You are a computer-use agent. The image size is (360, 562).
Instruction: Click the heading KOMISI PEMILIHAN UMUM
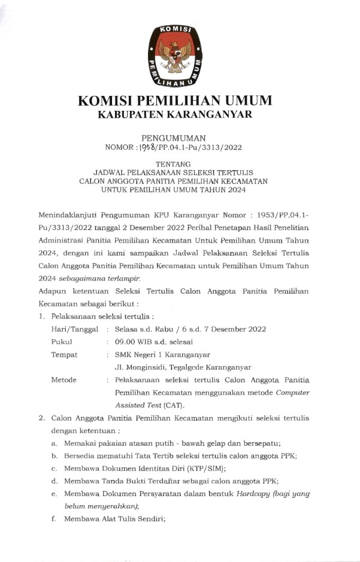175,100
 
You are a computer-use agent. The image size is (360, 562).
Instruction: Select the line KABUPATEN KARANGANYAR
175,114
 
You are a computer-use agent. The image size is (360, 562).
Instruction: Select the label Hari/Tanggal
74,329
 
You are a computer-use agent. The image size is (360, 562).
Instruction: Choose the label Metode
64,380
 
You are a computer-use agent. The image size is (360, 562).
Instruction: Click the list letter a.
54,443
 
